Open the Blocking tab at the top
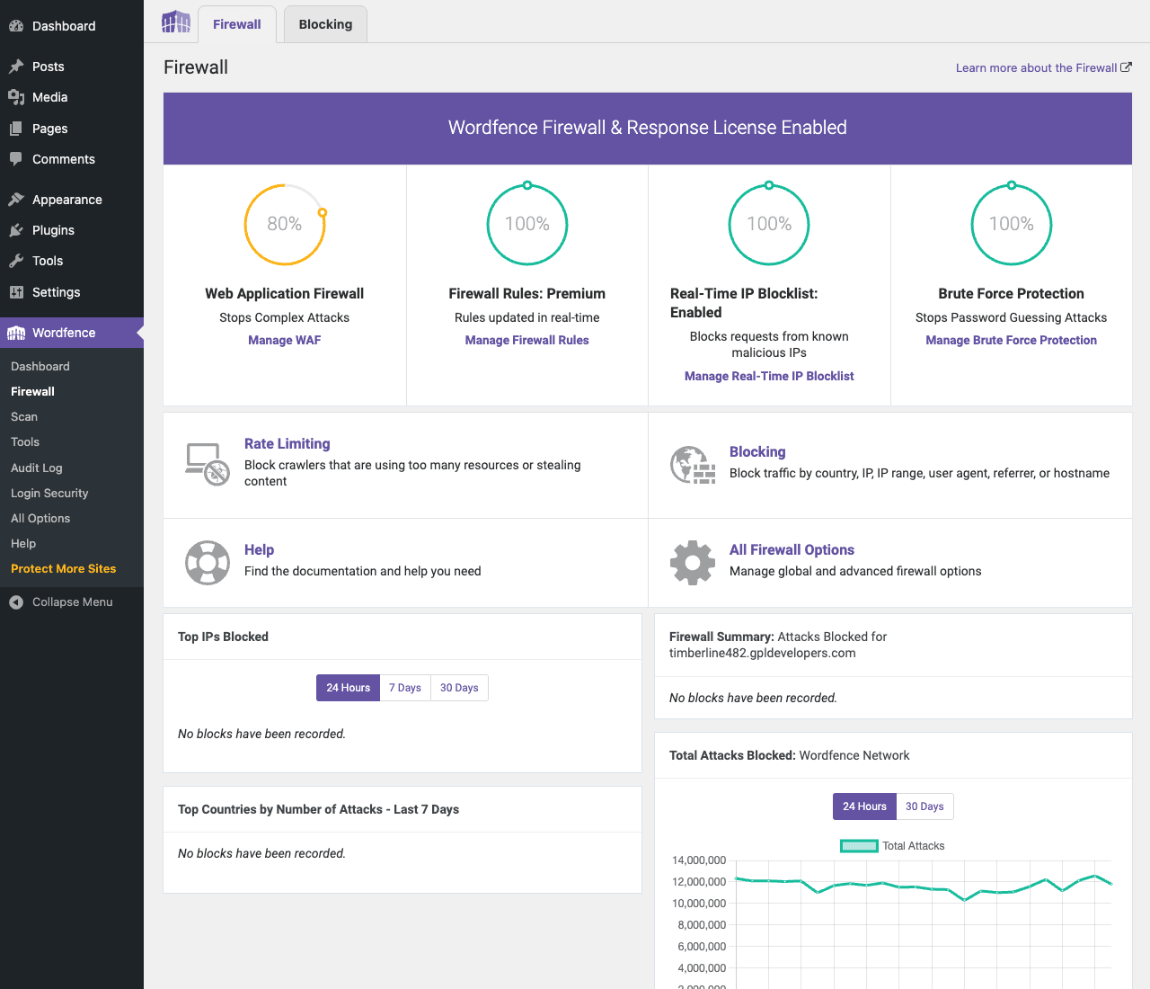[x=325, y=24]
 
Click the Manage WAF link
[x=284, y=340]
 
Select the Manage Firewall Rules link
[x=526, y=340]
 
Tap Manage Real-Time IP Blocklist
[x=769, y=377]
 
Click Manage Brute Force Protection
[x=1011, y=340]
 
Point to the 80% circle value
[x=284, y=224]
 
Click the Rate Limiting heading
[x=287, y=444]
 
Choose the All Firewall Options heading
[x=792, y=549]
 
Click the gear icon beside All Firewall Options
[x=692, y=563]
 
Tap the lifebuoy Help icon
[x=207, y=563]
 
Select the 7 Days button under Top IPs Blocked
[x=405, y=688]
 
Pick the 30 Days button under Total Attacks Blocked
[x=924, y=806]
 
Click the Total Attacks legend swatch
[x=859, y=846]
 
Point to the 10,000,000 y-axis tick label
[x=699, y=904]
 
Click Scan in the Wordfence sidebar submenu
[x=24, y=417]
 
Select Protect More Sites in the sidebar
[x=64, y=568]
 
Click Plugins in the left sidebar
[x=53, y=230]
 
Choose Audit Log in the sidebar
[x=36, y=468]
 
